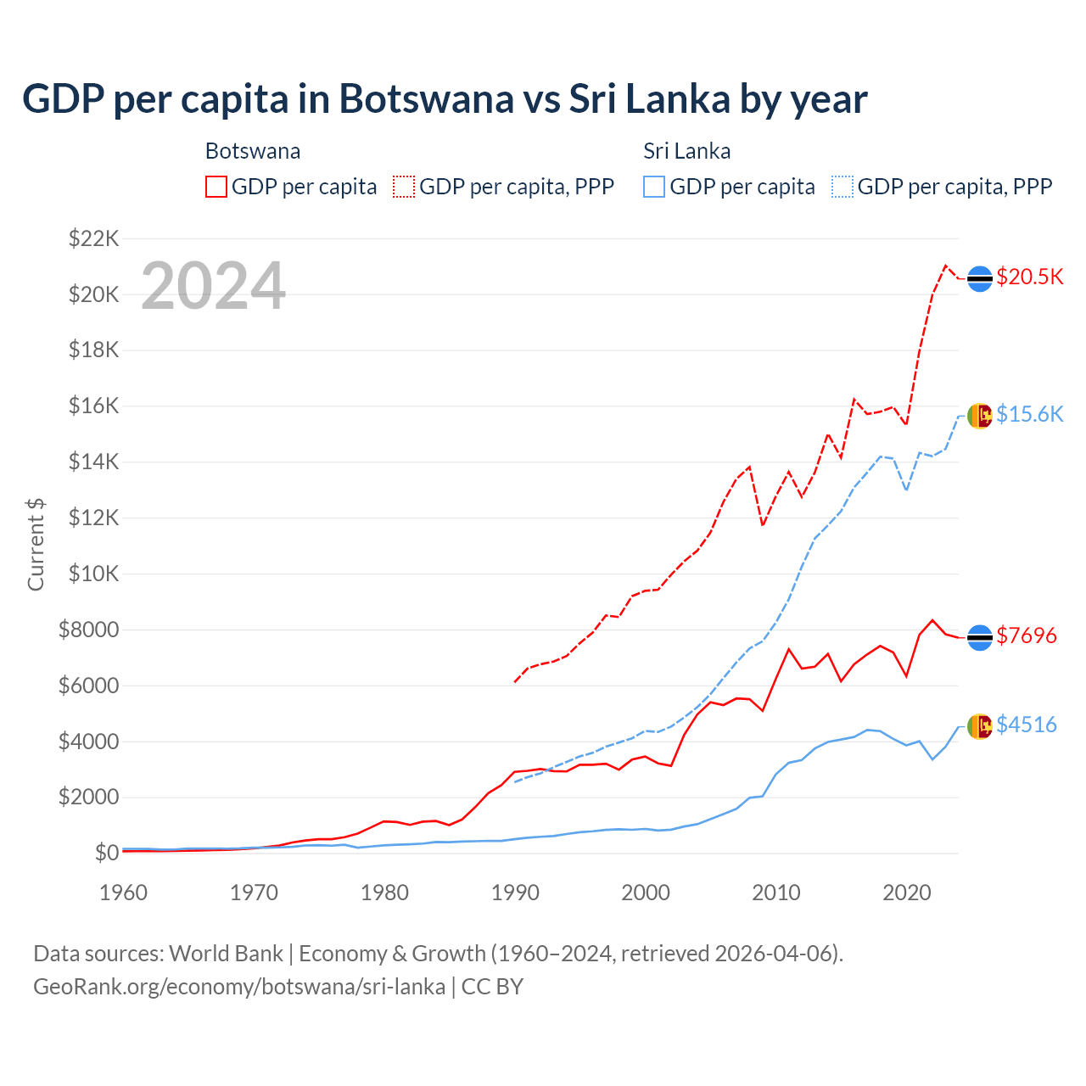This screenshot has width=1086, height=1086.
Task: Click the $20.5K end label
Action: coord(1029,277)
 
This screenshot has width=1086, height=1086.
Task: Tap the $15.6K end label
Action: coord(1029,414)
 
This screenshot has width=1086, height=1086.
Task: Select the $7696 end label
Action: coord(1026,635)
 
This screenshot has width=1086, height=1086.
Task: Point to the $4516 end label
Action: coord(1026,725)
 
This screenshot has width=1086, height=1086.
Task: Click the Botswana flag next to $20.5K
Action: coord(980,278)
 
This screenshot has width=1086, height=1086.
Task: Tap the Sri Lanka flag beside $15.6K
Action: coord(980,415)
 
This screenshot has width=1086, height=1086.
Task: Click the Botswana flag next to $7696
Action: coord(980,637)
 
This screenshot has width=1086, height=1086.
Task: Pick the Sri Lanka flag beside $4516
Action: coord(980,726)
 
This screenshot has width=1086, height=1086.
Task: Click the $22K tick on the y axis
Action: coord(94,238)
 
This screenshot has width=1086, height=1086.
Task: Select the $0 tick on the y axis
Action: coord(106,853)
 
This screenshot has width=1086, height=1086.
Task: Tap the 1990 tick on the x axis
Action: coord(515,893)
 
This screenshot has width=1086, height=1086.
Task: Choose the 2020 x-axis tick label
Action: coord(907,893)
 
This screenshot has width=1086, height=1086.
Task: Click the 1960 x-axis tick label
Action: coord(124,893)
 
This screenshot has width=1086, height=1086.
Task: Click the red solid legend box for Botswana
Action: coord(216,187)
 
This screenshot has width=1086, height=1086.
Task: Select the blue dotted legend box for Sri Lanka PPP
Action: coord(842,187)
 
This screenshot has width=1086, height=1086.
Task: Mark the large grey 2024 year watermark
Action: coord(213,286)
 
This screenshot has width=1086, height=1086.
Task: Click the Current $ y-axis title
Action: coord(36,545)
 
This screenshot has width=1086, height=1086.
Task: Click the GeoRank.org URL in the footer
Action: coord(239,987)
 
